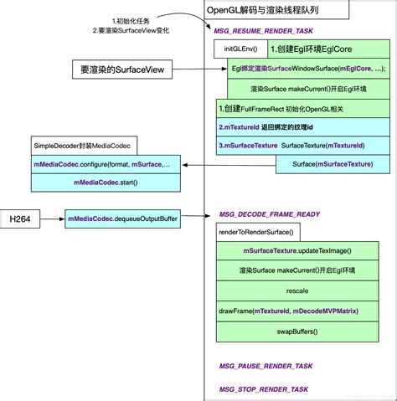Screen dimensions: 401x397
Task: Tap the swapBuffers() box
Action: (297, 332)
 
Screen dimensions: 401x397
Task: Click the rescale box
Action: (297, 290)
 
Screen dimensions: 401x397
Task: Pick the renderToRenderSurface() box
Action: (256, 229)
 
